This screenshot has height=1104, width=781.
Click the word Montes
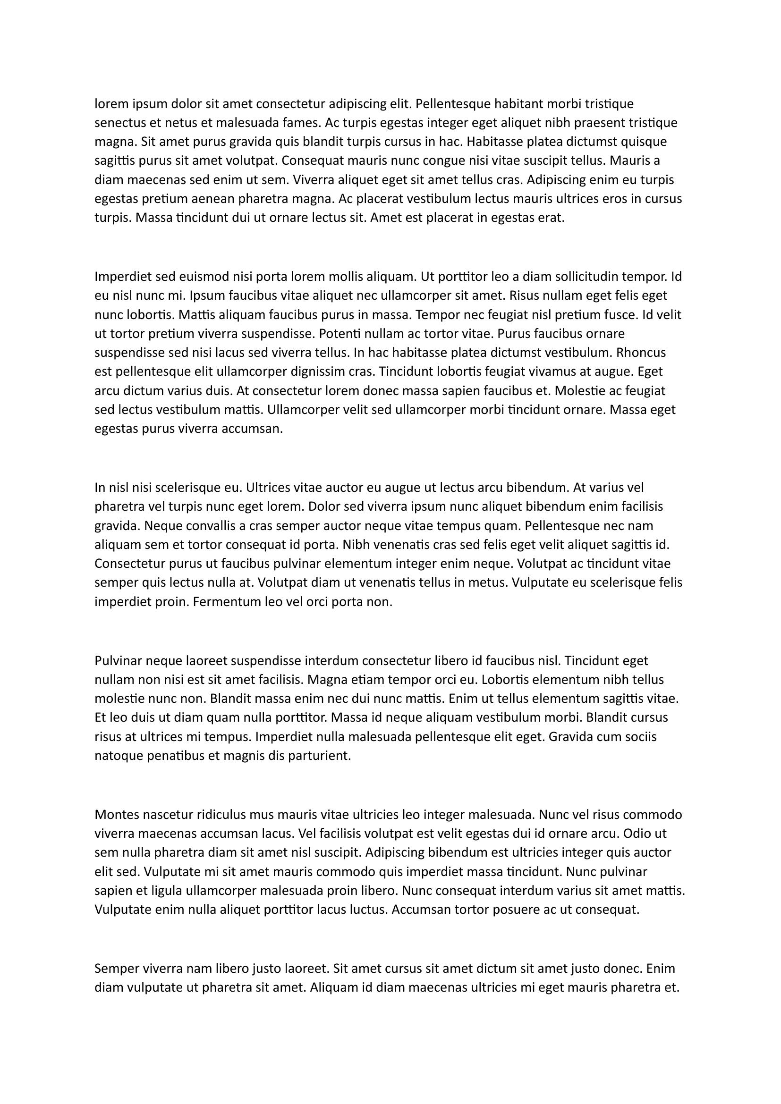(117, 814)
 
